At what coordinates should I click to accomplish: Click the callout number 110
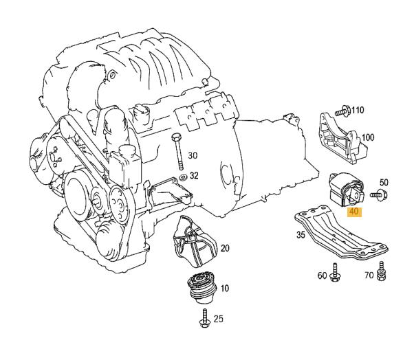click(x=358, y=110)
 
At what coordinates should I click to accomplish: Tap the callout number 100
click(x=368, y=137)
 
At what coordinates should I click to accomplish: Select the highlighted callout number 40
click(x=354, y=212)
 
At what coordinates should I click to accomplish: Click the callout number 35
click(x=300, y=235)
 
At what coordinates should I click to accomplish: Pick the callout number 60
click(x=322, y=275)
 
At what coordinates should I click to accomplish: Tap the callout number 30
click(x=193, y=155)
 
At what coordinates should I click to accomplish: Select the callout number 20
click(x=225, y=248)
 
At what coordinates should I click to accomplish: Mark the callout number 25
click(x=219, y=319)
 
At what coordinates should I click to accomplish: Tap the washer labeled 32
click(x=182, y=177)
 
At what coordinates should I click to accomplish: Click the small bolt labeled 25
click(x=205, y=317)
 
